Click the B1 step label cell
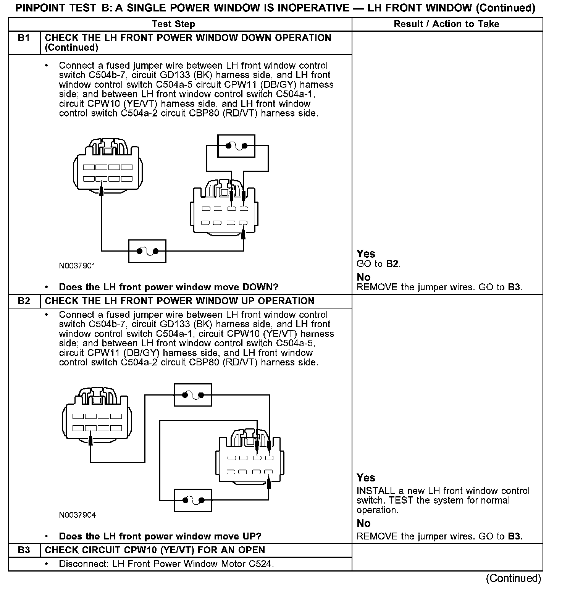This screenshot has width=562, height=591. (24, 38)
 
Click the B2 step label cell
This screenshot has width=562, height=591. (24, 301)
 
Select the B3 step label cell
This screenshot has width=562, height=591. (24, 550)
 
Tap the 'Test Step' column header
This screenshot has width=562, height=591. (173, 24)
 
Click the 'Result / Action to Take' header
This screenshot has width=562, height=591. (446, 24)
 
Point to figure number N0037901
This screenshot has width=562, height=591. (77, 266)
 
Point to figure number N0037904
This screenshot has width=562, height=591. (78, 515)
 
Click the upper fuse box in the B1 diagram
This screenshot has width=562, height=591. (236, 146)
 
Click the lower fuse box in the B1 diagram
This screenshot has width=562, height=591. (147, 251)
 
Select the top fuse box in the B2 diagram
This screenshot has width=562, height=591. (193, 395)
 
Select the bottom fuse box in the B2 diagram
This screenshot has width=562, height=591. (193, 500)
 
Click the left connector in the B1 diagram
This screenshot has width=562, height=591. (108, 168)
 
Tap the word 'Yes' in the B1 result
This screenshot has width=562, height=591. (366, 254)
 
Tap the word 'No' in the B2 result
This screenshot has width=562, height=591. (363, 523)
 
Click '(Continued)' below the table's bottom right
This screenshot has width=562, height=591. (514, 579)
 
